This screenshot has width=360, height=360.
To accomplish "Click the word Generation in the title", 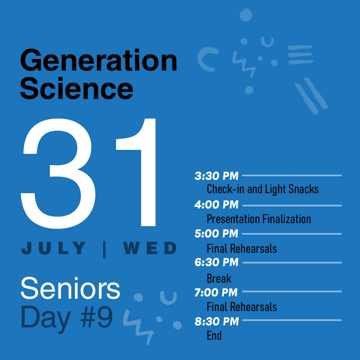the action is click(x=99, y=60).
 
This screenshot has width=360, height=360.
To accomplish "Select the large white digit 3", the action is click(x=58, y=174).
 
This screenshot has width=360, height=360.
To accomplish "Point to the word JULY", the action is click(x=54, y=248).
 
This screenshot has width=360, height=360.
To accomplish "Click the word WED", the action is click(x=150, y=248).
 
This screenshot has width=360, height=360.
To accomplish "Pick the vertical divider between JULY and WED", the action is click(x=105, y=249).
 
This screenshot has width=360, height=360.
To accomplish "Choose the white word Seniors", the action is click(x=70, y=288).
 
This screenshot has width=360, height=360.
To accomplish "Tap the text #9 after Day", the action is click(x=97, y=317).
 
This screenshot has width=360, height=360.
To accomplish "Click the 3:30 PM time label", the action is click(x=216, y=176).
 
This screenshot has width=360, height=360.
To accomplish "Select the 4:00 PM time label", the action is click(x=216, y=204).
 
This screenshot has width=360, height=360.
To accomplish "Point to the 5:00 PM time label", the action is click(x=216, y=233).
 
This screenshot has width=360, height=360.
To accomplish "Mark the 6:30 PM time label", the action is click(x=216, y=262).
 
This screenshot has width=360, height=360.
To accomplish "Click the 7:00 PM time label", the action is click(x=216, y=292).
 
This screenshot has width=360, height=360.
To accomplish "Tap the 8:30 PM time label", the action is click(x=217, y=321).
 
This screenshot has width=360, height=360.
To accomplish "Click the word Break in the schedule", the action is click(x=219, y=278).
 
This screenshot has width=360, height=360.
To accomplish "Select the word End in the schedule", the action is click(x=214, y=335).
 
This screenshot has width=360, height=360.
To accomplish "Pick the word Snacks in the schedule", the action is click(x=303, y=189).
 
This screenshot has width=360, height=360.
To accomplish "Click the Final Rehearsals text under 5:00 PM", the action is click(x=242, y=248).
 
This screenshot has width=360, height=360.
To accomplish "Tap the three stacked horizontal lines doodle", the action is click(x=300, y=55).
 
